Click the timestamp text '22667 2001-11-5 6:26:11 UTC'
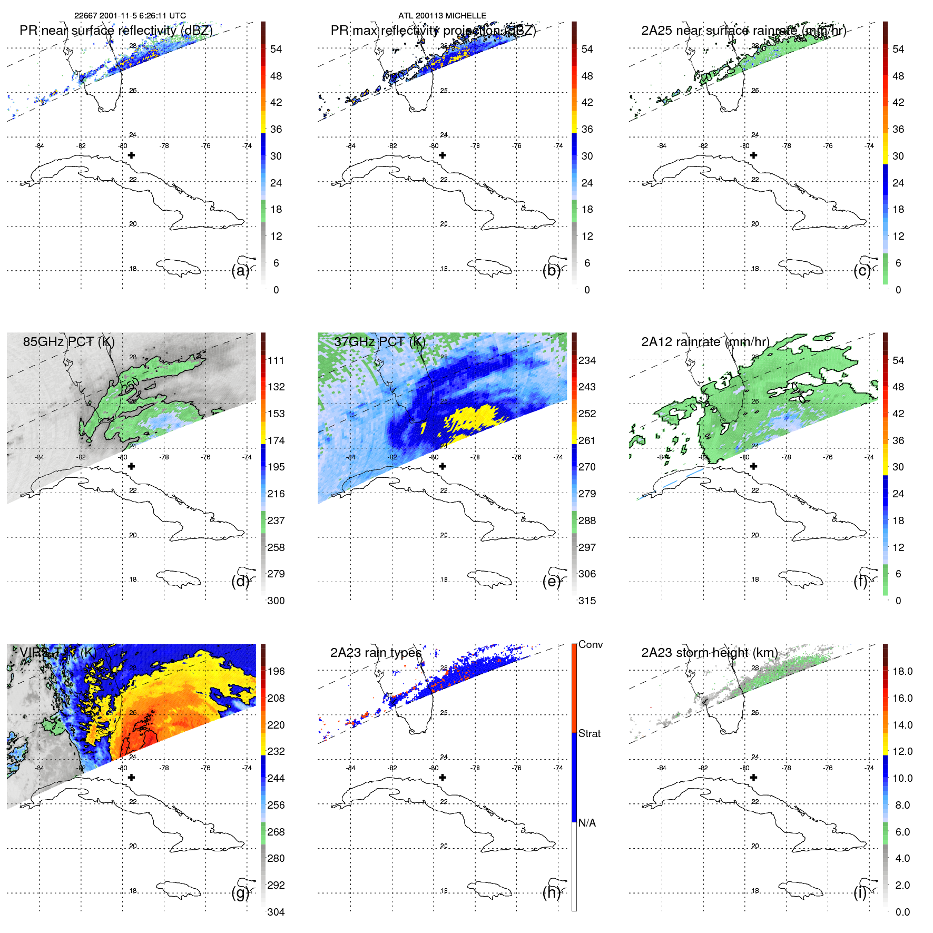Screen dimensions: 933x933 pyautogui.click(x=130, y=16)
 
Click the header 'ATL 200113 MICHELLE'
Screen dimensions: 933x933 pyautogui.click(x=442, y=16)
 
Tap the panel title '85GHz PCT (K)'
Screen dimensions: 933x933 pyautogui.click(x=68, y=342)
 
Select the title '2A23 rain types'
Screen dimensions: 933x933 pyautogui.click(x=376, y=653)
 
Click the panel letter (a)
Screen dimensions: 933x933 pyautogui.click(x=240, y=271)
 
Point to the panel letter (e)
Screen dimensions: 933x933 pyautogui.click(x=552, y=582)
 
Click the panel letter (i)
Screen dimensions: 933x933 pyautogui.click(x=860, y=893)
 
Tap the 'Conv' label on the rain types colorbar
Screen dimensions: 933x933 pyautogui.click(x=591, y=645)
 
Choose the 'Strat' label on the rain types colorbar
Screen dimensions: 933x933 pyautogui.click(x=590, y=734)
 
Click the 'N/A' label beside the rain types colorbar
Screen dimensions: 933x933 pyautogui.click(x=587, y=823)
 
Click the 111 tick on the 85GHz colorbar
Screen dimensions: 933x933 pyautogui.click(x=276, y=361)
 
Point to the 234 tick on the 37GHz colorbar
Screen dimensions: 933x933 pyautogui.click(x=587, y=361)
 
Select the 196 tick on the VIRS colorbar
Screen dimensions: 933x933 pyautogui.click(x=276, y=672)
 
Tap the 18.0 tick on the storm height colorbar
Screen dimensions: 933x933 pyautogui.click(x=902, y=672)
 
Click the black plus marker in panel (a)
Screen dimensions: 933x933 pyautogui.click(x=132, y=155)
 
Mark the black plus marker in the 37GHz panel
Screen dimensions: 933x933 pyautogui.click(x=443, y=466)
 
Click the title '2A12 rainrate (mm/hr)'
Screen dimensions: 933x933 pyautogui.click(x=705, y=342)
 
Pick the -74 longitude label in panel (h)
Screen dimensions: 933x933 pyautogui.click(x=558, y=768)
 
